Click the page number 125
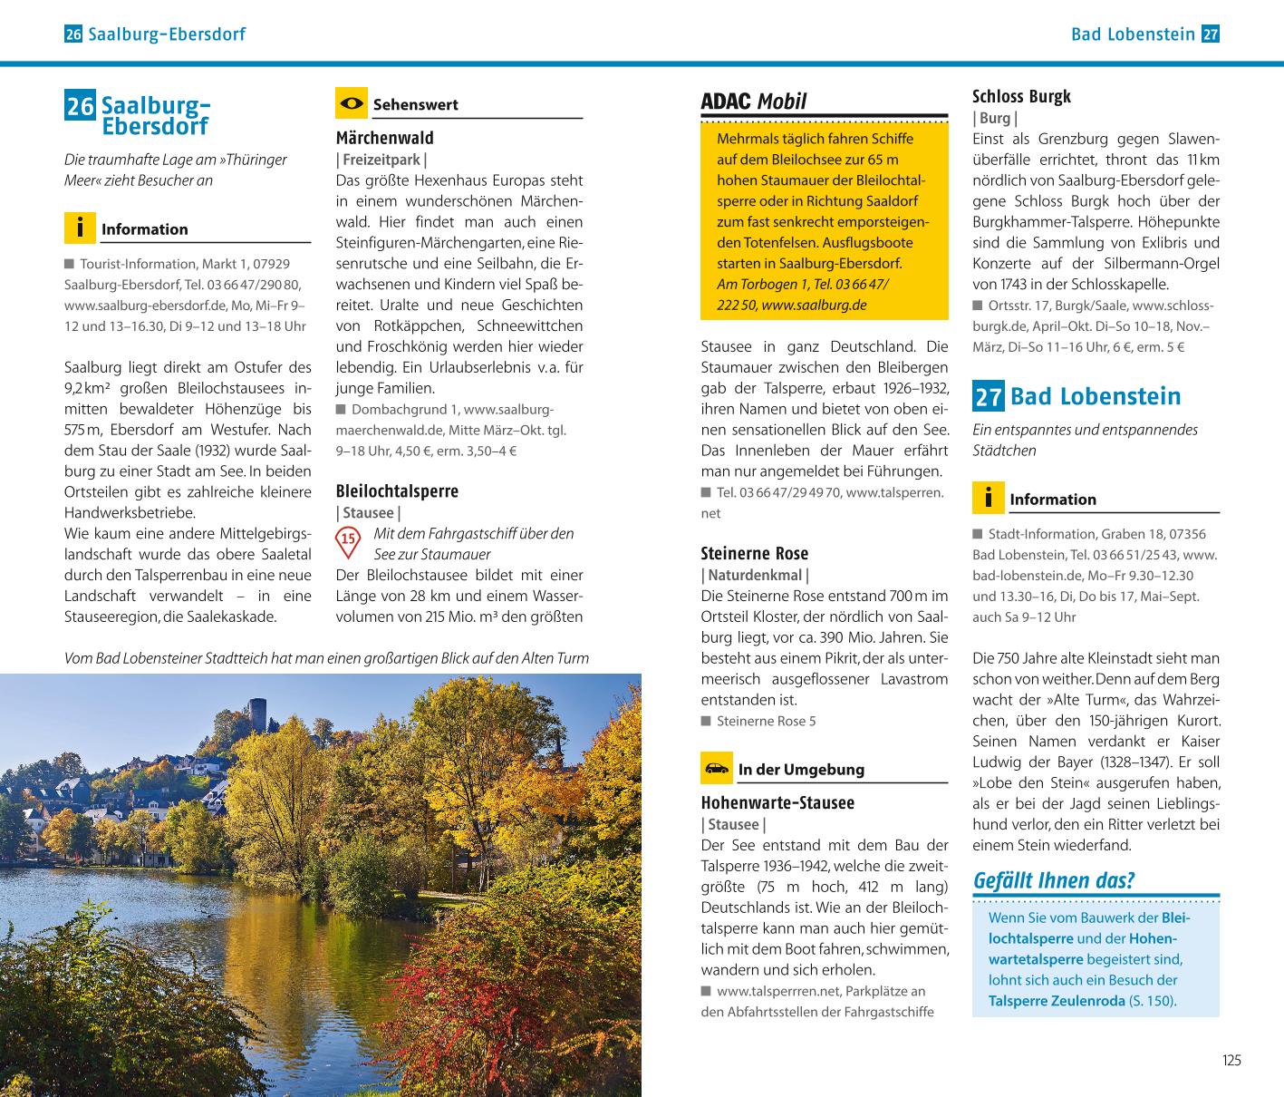point(1231,1060)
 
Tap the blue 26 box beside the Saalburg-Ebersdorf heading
point(80,107)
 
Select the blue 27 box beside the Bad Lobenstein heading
point(988,396)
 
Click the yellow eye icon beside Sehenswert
point(351,103)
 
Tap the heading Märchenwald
point(384,138)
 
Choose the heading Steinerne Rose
point(754,553)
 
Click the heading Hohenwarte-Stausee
point(777,802)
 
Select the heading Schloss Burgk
point(1021,96)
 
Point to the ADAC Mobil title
point(753,102)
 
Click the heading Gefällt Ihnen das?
point(1053,880)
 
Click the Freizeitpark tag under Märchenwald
point(381,160)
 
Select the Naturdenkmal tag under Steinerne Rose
point(755,575)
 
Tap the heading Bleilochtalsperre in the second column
point(397,491)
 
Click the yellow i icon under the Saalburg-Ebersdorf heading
point(80,228)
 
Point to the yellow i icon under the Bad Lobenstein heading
point(988,498)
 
